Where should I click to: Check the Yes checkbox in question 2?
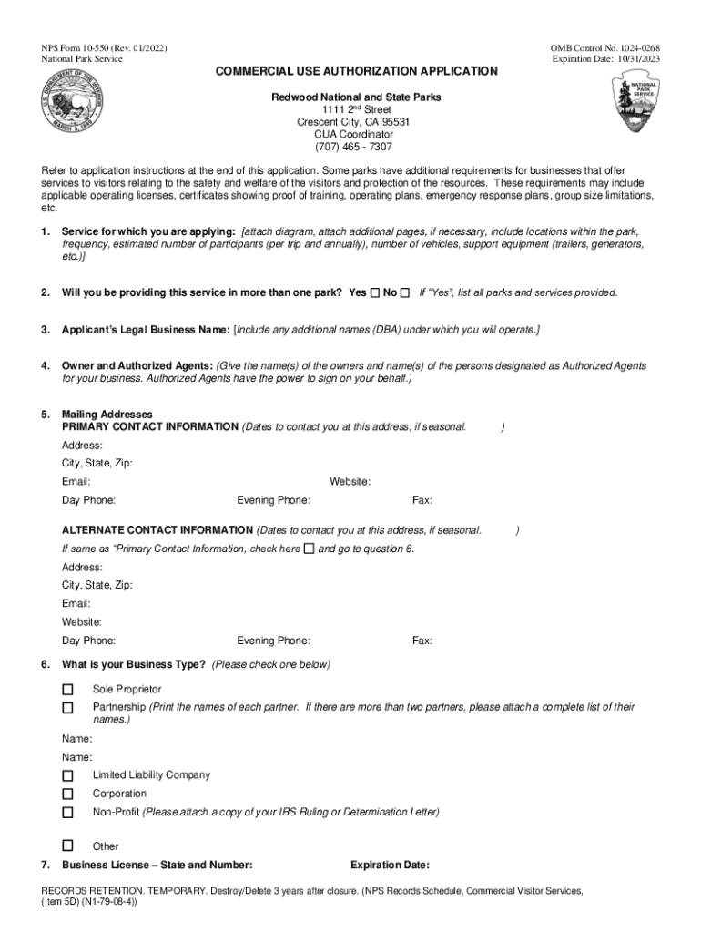coord(376,292)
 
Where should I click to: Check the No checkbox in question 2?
coord(405,292)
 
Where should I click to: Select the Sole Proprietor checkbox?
coord(67,690)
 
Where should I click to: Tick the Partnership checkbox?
coord(67,708)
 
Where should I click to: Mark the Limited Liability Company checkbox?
coord(67,775)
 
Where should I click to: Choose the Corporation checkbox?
coord(67,794)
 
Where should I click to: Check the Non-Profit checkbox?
coord(67,812)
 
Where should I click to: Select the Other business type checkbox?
coord(67,846)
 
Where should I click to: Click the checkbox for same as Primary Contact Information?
coord(309,549)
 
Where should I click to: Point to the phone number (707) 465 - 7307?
coord(354,147)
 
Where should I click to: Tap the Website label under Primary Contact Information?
coord(350,482)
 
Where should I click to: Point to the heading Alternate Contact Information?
coord(157,530)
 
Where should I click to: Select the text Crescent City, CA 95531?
coord(353,122)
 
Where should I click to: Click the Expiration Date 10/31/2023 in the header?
coord(605,59)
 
